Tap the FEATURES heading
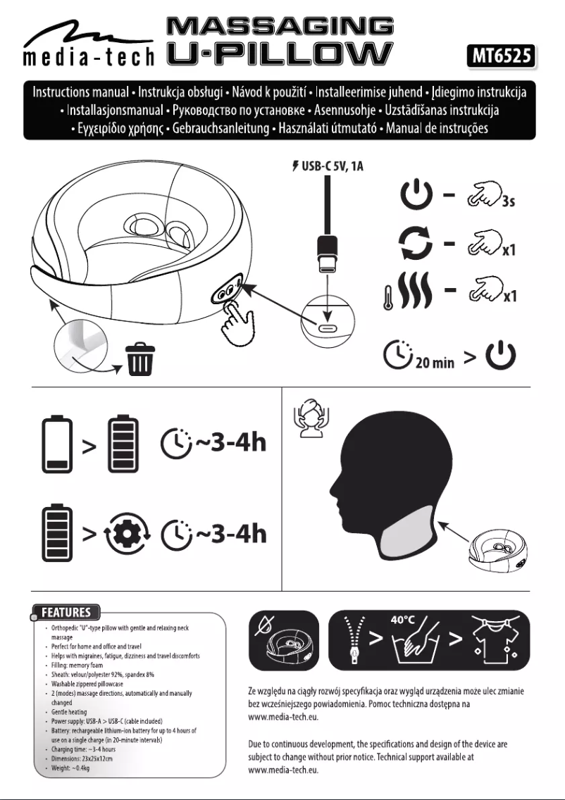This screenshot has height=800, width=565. click(66, 612)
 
